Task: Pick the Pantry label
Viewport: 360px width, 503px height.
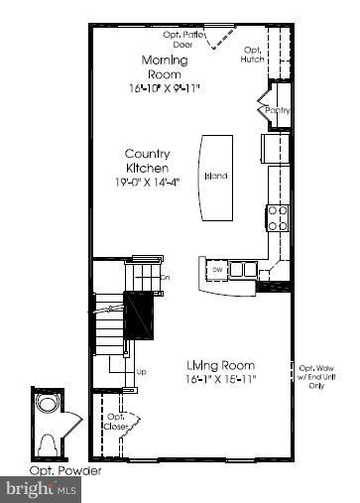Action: coord(278,111)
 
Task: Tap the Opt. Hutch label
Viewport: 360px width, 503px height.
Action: coord(253,55)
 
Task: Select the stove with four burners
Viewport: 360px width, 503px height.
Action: coord(278,216)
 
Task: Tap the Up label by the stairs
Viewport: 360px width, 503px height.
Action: coord(142,373)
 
